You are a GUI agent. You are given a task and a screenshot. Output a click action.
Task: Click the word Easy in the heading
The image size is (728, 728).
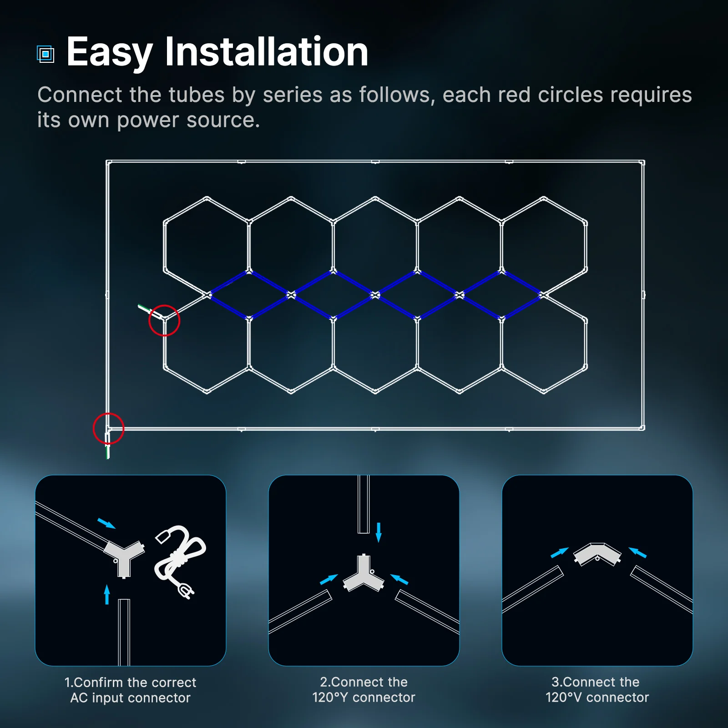(x=109, y=53)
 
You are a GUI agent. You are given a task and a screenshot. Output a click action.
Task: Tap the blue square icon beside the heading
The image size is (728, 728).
(x=45, y=55)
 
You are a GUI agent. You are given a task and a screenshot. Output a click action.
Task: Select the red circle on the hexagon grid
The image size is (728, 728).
(x=164, y=320)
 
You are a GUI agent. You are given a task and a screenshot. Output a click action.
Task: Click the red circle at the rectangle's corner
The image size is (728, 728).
(x=108, y=428)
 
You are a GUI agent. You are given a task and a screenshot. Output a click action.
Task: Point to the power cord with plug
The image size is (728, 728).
(x=180, y=561)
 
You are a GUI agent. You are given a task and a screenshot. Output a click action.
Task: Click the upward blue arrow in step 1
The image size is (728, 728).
(x=107, y=594)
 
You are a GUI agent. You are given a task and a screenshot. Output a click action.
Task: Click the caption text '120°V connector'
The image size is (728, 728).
(x=597, y=698)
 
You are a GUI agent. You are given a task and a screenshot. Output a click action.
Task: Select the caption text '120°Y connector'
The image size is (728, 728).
(x=364, y=698)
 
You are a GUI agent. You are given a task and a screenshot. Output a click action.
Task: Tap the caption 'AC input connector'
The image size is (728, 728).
(x=130, y=698)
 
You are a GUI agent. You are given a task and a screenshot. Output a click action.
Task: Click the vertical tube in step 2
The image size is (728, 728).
(x=364, y=504)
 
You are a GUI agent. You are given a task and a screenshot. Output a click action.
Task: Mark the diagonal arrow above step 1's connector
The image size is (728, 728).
(x=106, y=523)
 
